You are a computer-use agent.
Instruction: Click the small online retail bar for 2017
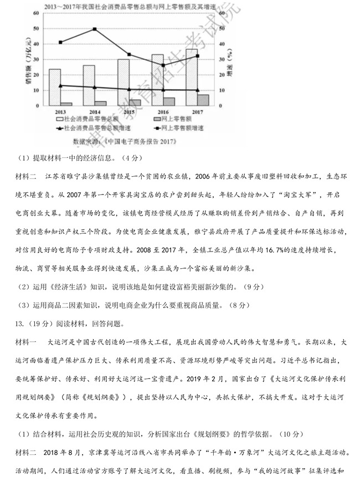point(203,99)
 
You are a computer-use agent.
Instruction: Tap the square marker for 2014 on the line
point(95,29)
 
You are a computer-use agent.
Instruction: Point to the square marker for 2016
point(162,65)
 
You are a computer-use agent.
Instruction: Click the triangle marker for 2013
point(60,85)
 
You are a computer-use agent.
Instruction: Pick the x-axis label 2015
point(129,112)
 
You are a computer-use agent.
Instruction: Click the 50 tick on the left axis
point(37,28)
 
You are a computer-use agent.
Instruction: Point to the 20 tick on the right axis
point(223,75)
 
